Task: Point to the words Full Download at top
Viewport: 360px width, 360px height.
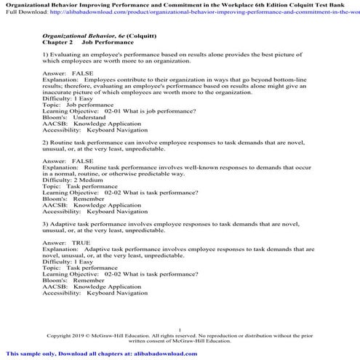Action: pos(20,13)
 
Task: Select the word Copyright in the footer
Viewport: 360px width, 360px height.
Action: pos(60,336)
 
